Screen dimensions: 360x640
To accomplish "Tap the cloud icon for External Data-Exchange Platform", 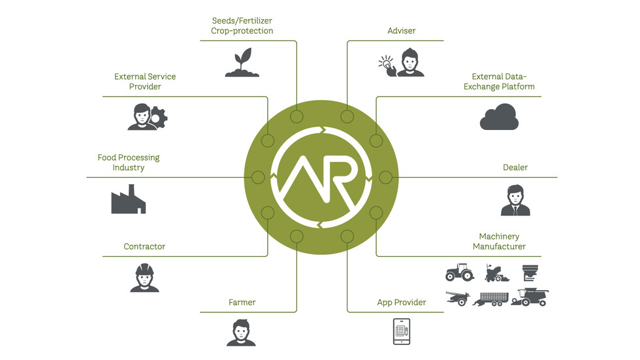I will coord(499,119).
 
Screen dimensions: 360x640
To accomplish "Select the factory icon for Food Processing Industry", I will coord(128,199).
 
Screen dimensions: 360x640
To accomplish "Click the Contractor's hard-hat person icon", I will coord(144,278).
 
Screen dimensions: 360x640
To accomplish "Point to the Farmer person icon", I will coord(241,332).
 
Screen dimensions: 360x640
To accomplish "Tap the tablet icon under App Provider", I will coord(401,331).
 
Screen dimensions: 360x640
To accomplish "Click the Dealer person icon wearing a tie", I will coord(515,201).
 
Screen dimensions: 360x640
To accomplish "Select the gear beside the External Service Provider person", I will coord(159,118).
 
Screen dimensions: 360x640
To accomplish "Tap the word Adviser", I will coord(401,31).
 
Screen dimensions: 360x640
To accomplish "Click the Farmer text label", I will coord(242,303).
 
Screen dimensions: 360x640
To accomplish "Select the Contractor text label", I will coord(144,246).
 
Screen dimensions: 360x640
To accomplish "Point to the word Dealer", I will coord(515,167).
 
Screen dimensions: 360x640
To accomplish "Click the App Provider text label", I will coord(401,303).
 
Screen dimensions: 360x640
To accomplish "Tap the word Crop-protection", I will coord(242,31).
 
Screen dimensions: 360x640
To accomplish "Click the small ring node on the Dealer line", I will coord(385,177).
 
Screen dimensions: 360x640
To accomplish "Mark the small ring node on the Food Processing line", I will coord(258,177).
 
